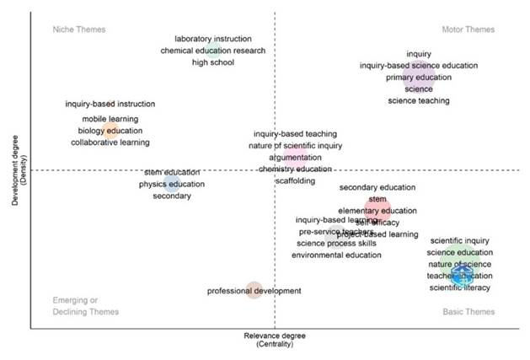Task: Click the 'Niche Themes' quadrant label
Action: pyautogui.click(x=79, y=30)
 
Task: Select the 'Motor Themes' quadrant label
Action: pyautogui.click(x=468, y=30)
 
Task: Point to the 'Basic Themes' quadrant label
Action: pyautogui.click(x=468, y=312)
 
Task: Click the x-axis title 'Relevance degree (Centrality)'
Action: pyautogui.click(x=274, y=340)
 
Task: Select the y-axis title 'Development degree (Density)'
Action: pyautogui.click(x=18, y=169)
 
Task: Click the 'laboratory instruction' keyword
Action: pyautogui.click(x=213, y=39)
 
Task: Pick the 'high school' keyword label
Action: pyautogui.click(x=213, y=62)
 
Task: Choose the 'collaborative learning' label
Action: pyautogui.click(x=110, y=142)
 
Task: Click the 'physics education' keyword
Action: pyautogui.click(x=172, y=184)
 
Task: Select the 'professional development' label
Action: pyautogui.click(x=254, y=291)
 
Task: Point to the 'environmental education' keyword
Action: pyautogui.click(x=336, y=255)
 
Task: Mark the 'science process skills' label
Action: pyautogui.click(x=336, y=244)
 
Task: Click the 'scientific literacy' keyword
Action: pyautogui.click(x=459, y=287)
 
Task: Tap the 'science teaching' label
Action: pyautogui.click(x=419, y=101)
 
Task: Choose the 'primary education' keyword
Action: pyautogui.click(x=419, y=78)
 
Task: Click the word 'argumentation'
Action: pyautogui.click(x=295, y=158)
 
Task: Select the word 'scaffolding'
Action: pyautogui.click(x=295, y=181)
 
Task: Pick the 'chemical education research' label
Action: pyautogui.click(x=213, y=51)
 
